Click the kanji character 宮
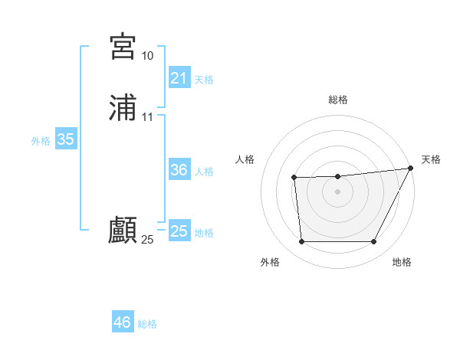pos(123,47)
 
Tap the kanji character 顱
pos(123,231)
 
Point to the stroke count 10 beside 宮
pos(147,56)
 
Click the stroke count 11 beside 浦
pos(147,117)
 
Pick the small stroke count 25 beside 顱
pos(147,240)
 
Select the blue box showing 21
pos(179,78)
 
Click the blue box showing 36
pos(179,170)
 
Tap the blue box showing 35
pos(65,139)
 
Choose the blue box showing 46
pos(122,322)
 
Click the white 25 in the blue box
pos(179,231)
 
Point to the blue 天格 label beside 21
pos(204,80)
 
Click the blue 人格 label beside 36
pos(204,172)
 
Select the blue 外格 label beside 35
pos(41,141)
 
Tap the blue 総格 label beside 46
pos(147,324)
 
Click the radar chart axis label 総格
pos(337,100)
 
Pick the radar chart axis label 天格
pos(431,159)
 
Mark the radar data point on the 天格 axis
pos(409,169)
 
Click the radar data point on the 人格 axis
pos(294,178)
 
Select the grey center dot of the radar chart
pos(337,191)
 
